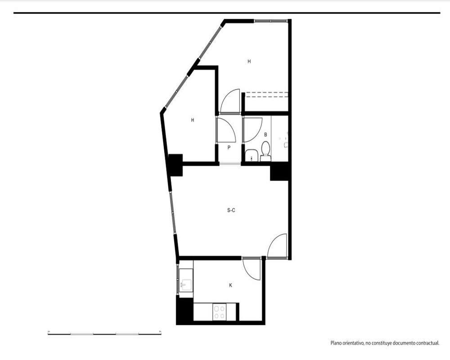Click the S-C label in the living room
[231, 210]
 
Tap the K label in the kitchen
[230, 285]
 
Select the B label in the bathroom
[266, 135]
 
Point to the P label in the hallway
[229, 148]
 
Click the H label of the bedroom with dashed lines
[249, 61]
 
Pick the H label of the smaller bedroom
[193, 120]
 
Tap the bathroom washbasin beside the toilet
[252, 155]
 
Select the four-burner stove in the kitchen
[220, 312]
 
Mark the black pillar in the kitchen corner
[184, 311]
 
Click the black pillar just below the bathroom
[279, 171]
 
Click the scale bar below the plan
[104, 334]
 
